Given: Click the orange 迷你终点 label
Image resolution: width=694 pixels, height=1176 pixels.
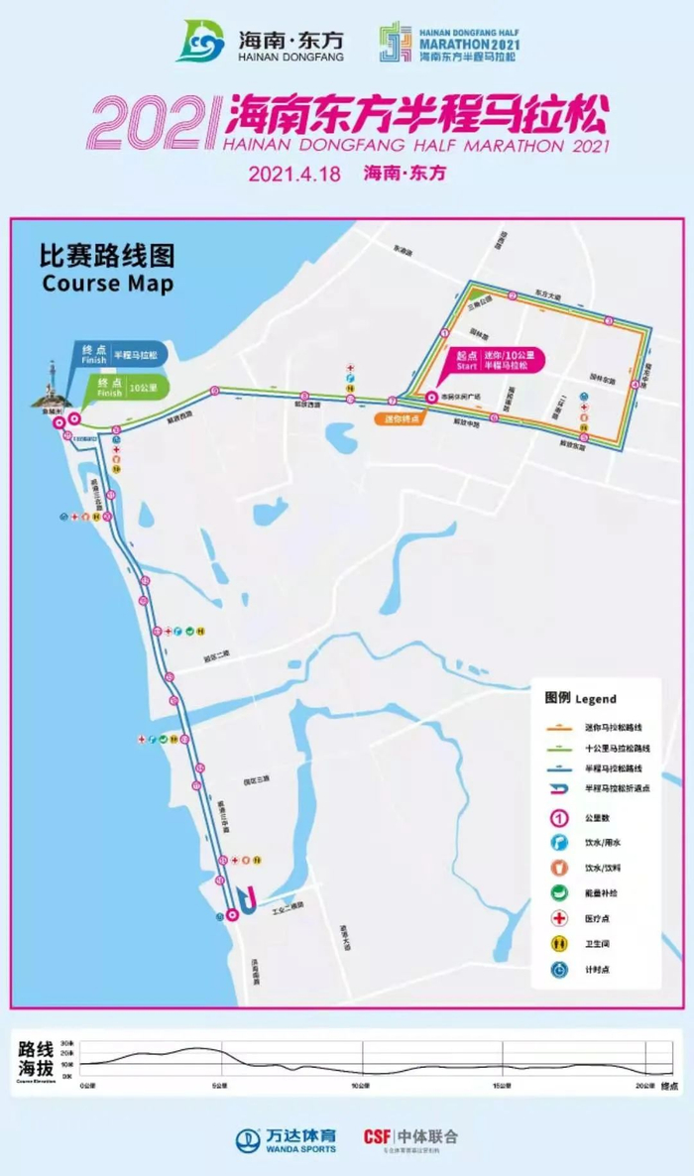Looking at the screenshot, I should [x=401, y=418].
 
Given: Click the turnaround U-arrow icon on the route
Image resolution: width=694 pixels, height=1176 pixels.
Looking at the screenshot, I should [x=251, y=898].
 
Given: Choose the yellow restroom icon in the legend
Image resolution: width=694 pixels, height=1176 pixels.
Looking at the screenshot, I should [x=559, y=944].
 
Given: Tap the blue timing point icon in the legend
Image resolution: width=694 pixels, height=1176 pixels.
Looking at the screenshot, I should [x=559, y=969].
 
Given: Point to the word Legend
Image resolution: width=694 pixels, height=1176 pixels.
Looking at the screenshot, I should [x=596, y=698].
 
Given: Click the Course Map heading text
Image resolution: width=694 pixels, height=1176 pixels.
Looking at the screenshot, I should [x=107, y=284].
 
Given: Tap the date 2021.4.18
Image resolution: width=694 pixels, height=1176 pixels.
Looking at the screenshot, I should [x=294, y=173].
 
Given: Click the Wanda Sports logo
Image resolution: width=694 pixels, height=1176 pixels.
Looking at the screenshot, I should [x=286, y=1140].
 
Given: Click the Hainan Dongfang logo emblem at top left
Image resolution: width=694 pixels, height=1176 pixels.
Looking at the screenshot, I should [x=200, y=42].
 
